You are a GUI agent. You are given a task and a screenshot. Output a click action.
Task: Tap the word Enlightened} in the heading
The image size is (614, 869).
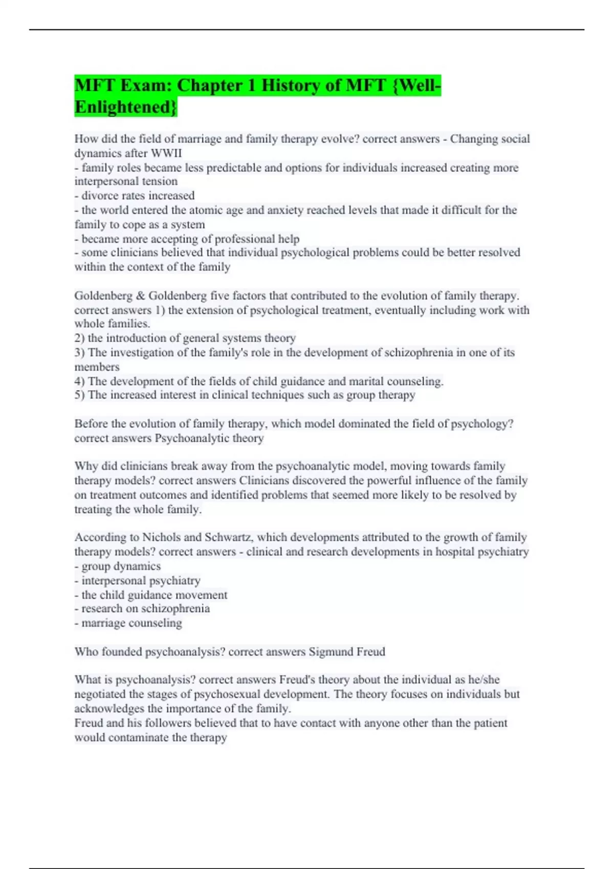pos(126,107)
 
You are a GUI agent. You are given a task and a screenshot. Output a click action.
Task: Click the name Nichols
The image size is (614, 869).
pos(161,537)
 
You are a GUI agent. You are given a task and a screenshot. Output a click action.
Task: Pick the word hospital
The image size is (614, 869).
pos(455,552)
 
